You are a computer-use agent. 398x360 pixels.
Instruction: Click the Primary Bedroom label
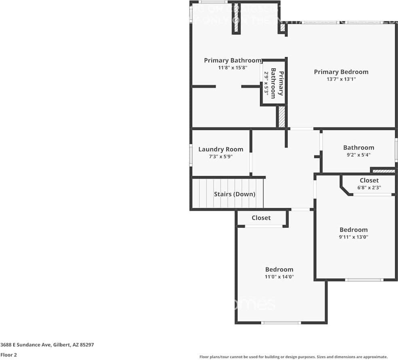click(341, 72)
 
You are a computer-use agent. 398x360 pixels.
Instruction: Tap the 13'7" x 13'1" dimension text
click(341, 79)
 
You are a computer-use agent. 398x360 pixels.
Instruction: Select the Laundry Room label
click(221, 149)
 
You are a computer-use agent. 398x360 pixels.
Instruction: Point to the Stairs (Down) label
click(235, 194)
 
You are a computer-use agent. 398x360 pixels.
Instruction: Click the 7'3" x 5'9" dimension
click(221, 157)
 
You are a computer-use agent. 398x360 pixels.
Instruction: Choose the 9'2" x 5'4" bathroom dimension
click(358, 155)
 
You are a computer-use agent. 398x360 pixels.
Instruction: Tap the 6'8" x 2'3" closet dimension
click(369, 187)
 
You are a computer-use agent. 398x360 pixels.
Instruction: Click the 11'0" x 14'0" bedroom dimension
click(279, 277)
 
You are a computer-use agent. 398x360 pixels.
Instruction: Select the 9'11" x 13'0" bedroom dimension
click(354, 237)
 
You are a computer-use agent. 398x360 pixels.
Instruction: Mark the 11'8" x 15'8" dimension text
click(233, 68)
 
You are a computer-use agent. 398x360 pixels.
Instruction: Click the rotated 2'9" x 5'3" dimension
click(266, 83)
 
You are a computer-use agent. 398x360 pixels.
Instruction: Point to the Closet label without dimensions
click(261, 218)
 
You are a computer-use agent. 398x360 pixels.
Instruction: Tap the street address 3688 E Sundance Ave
click(47, 345)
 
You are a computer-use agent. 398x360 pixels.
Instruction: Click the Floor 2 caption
click(8, 355)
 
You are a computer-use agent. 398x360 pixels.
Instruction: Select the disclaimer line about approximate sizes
click(293, 357)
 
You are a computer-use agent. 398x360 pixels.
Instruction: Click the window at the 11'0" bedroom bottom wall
click(281, 323)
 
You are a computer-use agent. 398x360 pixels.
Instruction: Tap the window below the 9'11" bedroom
click(364, 280)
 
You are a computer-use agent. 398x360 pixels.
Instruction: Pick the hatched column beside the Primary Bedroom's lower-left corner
click(281, 117)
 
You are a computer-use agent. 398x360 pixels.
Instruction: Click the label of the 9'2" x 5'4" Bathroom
click(358, 148)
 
